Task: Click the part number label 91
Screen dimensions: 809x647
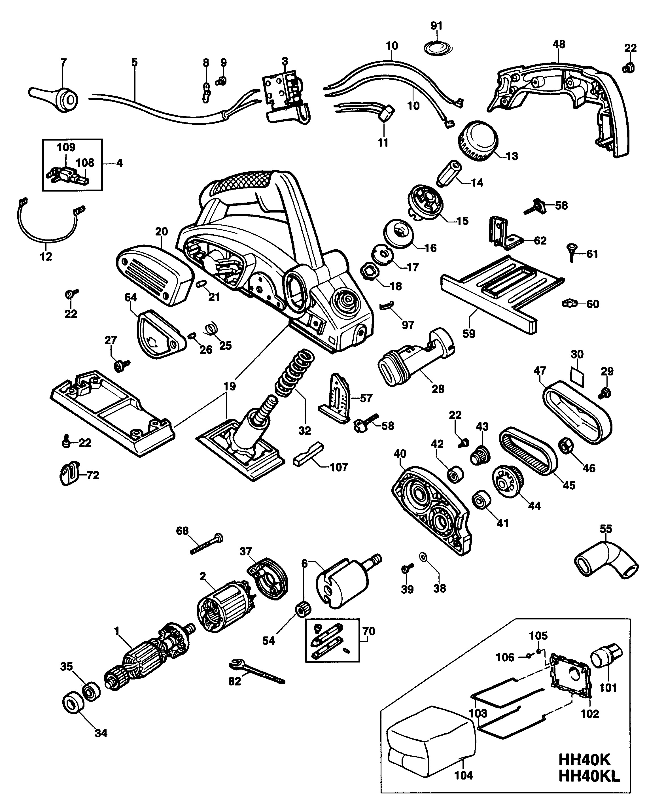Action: point(436,26)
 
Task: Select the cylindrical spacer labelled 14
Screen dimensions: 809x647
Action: point(449,173)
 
